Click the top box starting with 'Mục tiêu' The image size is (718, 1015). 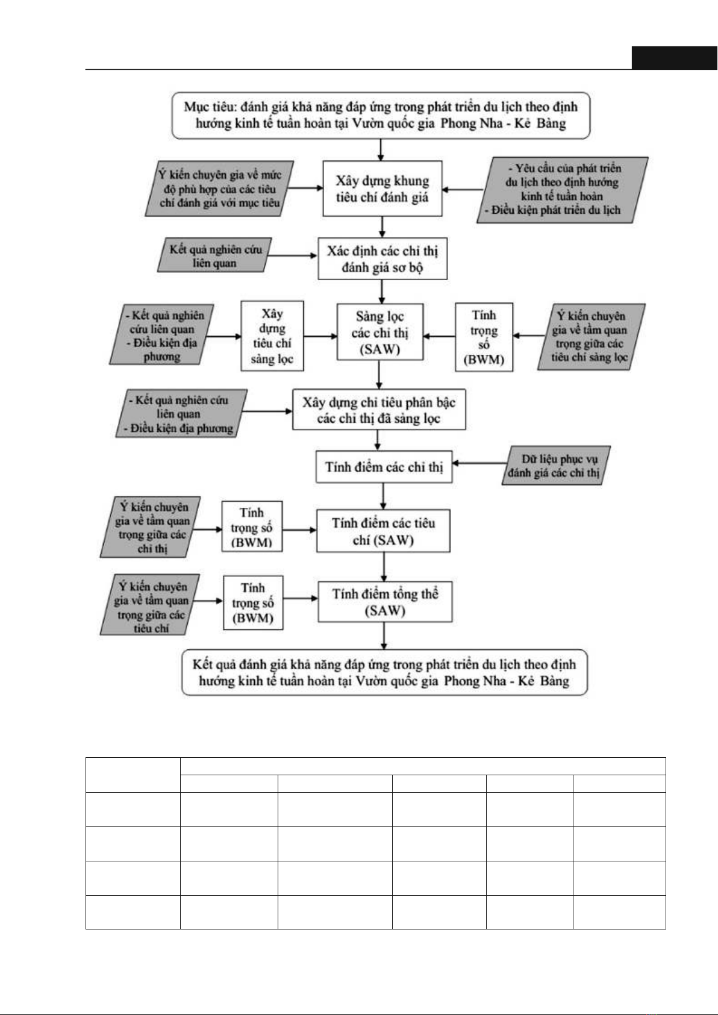[381, 115]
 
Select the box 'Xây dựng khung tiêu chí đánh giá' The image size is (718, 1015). [382, 189]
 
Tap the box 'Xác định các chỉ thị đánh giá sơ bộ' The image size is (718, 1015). [382, 258]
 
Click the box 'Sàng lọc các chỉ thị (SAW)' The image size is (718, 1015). [380, 332]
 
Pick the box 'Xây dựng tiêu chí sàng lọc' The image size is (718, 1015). [272, 336]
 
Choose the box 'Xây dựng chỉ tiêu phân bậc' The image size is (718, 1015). [379, 409]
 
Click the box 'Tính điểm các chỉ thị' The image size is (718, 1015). [384, 467]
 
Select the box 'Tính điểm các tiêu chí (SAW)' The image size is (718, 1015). [383, 531]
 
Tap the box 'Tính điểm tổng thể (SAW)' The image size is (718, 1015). [385, 602]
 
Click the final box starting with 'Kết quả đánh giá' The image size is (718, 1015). [384, 672]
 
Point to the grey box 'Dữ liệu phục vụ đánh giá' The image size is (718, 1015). [556, 466]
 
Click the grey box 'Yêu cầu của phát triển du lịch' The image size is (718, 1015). [562, 190]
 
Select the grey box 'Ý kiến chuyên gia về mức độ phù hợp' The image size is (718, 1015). [219, 189]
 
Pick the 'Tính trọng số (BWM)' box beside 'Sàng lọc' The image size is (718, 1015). [484, 337]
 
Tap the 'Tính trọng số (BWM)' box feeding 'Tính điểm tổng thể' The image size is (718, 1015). [253, 602]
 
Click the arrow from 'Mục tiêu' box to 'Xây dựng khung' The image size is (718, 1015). [381, 150]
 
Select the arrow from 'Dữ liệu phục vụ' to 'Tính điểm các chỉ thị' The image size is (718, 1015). [479, 463]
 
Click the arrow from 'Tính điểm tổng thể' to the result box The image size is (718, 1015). [384, 636]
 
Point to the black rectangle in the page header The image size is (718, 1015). [675, 58]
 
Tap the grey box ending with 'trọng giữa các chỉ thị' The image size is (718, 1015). [151, 526]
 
